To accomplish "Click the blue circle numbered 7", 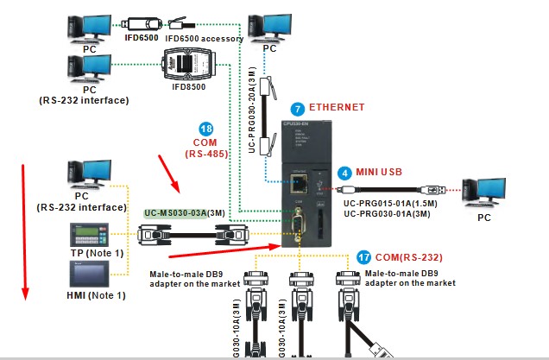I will coord(298,109).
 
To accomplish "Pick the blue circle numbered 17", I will coord(363,256).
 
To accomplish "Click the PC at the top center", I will coord(269,26).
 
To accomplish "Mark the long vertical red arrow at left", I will coord(23,224).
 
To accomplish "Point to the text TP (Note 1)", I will coord(97,252).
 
